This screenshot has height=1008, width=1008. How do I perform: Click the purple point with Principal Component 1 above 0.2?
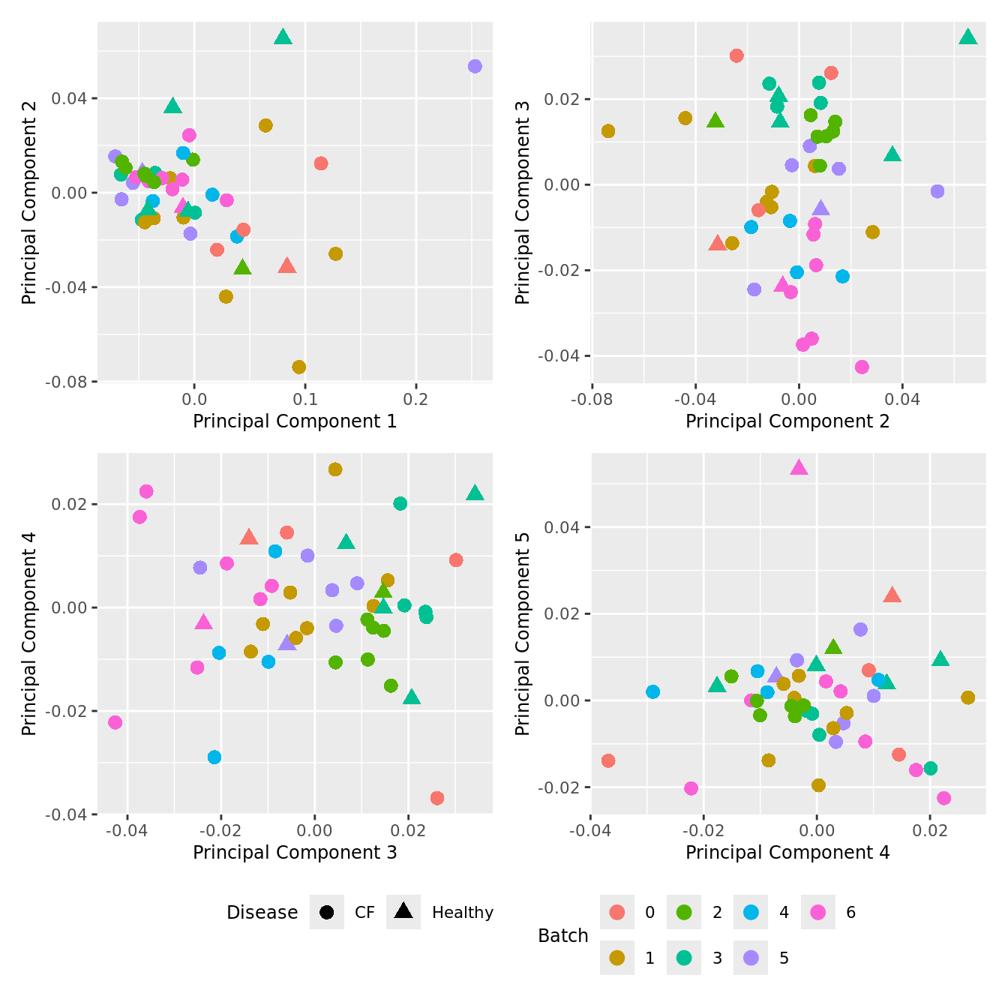(475, 67)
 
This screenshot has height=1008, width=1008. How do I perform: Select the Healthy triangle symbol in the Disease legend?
(403, 911)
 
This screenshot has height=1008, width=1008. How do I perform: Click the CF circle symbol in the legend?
(326, 912)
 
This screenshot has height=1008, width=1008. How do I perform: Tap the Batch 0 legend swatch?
(617, 912)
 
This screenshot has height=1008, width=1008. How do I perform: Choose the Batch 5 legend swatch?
(751, 958)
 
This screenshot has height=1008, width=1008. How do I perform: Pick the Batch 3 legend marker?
(684, 958)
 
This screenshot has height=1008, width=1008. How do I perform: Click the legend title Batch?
(563, 935)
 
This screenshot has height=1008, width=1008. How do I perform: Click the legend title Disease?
(262, 912)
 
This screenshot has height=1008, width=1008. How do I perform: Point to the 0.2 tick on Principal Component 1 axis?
(416, 399)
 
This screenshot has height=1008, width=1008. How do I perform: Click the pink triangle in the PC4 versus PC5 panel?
(799, 468)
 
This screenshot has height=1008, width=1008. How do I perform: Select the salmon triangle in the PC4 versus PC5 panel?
(892, 595)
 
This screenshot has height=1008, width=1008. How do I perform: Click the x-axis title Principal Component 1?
(295, 421)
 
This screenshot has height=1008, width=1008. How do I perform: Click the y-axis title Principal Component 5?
(523, 634)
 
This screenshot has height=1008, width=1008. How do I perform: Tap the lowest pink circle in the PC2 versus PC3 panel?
(862, 367)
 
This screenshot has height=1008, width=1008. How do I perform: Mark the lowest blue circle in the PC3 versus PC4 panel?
(214, 757)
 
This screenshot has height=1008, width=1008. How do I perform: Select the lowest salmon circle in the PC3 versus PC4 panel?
(437, 798)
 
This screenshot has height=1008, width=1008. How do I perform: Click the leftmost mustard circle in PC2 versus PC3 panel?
(608, 131)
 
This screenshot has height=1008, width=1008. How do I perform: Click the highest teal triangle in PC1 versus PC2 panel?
(283, 37)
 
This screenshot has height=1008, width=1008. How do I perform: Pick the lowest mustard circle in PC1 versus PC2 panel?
(299, 367)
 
